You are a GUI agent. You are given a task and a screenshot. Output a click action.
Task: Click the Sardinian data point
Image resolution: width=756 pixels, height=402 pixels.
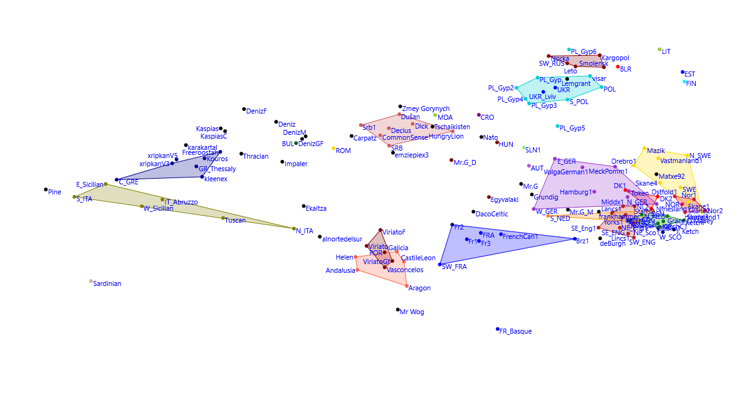(91, 282)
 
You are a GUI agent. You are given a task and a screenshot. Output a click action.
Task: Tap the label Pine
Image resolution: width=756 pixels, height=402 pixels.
(55, 193)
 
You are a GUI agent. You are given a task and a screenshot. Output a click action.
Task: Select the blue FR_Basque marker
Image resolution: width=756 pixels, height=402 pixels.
(498, 329)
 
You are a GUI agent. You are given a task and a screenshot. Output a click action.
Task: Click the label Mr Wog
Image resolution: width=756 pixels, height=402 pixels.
(412, 312)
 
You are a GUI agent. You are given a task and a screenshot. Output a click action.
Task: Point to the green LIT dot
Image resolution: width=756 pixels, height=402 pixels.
(659, 50)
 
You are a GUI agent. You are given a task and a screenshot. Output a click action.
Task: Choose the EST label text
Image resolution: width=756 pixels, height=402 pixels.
(690, 74)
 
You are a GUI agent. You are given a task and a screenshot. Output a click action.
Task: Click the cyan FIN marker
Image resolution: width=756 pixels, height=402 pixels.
(685, 82)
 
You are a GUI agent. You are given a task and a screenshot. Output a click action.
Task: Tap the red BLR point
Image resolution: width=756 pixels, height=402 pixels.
(617, 67)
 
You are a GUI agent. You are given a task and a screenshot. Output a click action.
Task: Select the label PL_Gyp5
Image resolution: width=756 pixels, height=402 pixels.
(572, 129)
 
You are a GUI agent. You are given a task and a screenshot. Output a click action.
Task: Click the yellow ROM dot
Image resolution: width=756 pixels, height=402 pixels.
(333, 149)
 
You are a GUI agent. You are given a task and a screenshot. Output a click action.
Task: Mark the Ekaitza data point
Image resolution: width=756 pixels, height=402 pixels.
(303, 206)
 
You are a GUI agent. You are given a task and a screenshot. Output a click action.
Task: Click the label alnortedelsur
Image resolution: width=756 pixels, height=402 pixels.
(342, 238)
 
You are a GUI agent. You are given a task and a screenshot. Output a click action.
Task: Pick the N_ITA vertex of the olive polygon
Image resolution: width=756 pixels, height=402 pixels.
(294, 229)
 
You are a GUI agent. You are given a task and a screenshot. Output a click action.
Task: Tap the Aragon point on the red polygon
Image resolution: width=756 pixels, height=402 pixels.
(407, 286)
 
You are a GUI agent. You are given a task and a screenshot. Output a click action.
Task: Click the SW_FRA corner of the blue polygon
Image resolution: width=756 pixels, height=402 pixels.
(440, 265)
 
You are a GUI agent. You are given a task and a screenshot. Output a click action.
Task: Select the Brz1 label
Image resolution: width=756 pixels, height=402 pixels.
(582, 241)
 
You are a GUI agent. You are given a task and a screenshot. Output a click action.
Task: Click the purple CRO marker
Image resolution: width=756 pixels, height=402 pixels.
(479, 115)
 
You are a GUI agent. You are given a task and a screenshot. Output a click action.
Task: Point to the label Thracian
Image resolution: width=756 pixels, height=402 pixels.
(256, 156)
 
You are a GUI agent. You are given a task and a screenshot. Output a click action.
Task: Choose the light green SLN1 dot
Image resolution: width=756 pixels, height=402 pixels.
(524, 148)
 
